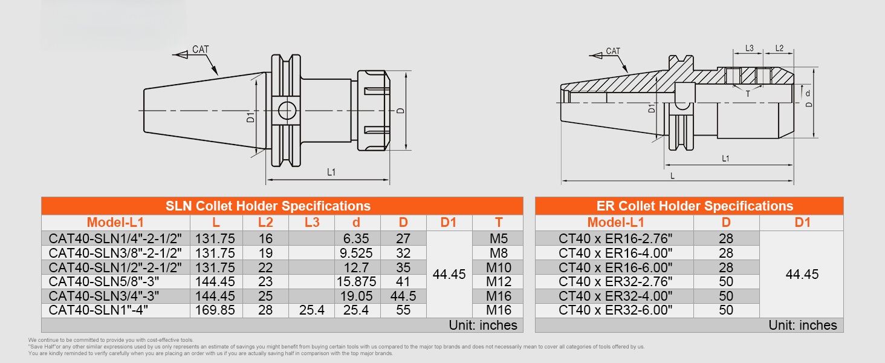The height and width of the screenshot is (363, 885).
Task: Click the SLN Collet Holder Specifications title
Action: click(268, 206)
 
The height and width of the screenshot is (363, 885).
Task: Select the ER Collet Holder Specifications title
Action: click(695, 206)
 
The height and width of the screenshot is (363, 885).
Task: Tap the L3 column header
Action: click(312, 223)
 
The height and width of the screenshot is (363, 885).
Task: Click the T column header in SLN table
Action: click(499, 223)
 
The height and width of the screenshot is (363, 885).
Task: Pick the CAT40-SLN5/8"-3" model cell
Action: click(104, 281)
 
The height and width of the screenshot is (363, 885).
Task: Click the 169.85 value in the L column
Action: click(215, 310)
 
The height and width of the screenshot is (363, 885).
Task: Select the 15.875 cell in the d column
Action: click(357, 281)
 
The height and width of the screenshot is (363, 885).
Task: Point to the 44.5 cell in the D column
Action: click(403, 296)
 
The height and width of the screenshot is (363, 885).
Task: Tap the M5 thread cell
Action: click(499, 238)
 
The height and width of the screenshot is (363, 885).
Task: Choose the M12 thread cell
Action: click(499, 281)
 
